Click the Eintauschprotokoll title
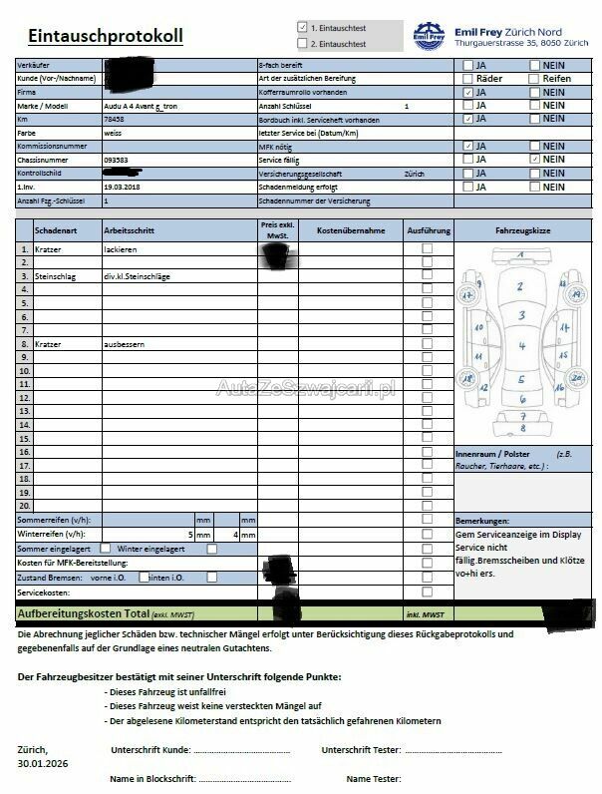pyautogui.click(x=106, y=36)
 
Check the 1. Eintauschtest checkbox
pyautogui.click(x=303, y=28)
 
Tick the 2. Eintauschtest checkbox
pyautogui.click(x=303, y=44)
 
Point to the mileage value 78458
pyautogui.click(x=114, y=118)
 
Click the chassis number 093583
pyautogui.click(x=116, y=159)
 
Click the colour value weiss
pyautogui.click(x=113, y=132)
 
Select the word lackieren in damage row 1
pyautogui.click(x=121, y=248)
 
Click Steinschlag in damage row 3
pyautogui.click(x=56, y=275)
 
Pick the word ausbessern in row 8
pyautogui.click(x=125, y=343)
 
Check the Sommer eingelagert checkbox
pyautogui.click(x=106, y=548)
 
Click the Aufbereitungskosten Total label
pyautogui.click(x=83, y=612)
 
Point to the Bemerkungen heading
pyautogui.click(x=481, y=521)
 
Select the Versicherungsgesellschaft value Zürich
pyautogui.click(x=414, y=173)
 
